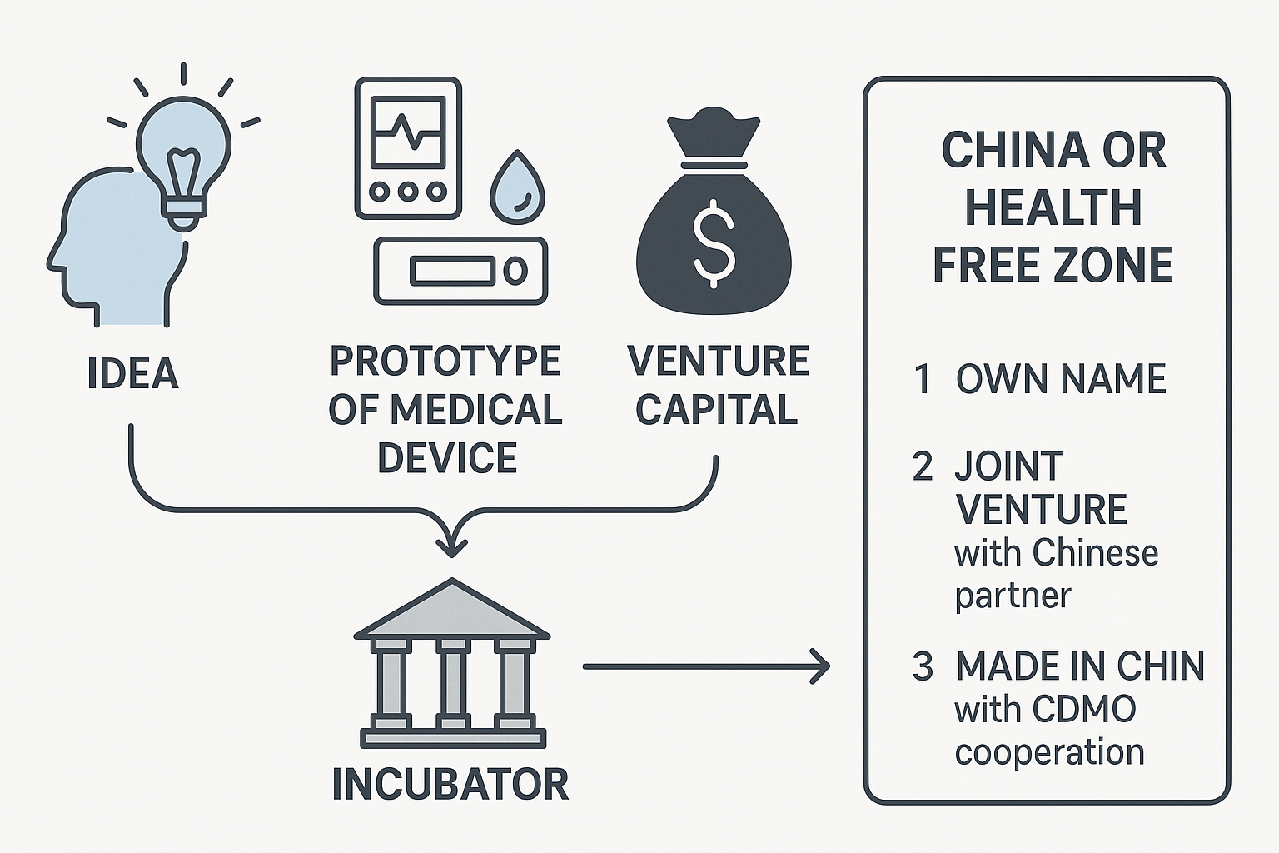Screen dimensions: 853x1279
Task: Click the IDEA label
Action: pyautogui.click(x=133, y=374)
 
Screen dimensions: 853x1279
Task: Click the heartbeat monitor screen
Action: pyautogui.click(x=408, y=132)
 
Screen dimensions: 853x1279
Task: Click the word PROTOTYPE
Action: pyautogui.click(x=445, y=361)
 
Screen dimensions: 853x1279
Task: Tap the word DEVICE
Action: pyautogui.click(x=447, y=458)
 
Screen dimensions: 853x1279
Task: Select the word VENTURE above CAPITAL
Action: pyautogui.click(x=718, y=361)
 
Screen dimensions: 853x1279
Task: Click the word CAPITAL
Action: pyautogui.click(x=717, y=410)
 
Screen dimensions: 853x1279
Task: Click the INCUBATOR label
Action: pyautogui.click(x=450, y=785)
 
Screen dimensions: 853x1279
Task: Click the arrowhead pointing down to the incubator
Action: pyautogui.click(x=451, y=546)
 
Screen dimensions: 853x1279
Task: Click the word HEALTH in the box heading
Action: pyautogui.click(x=1053, y=207)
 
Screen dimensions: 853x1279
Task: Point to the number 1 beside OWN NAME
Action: pyautogui.click(x=922, y=379)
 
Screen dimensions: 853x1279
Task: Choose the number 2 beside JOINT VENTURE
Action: pyautogui.click(x=923, y=466)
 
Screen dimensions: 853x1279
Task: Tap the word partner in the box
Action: pyautogui.click(x=1013, y=596)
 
